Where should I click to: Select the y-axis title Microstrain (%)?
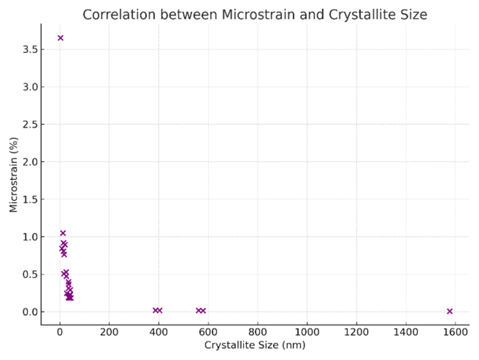tap(14, 175)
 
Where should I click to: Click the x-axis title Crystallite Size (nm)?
tap(254, 345)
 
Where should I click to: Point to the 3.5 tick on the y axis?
tap(27, 50)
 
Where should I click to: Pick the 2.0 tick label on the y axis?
tap(27, 162)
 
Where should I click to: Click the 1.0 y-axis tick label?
tap(27, 237)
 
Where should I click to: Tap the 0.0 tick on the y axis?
tap(27, 312)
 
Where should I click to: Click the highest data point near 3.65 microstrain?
tap(60, 38)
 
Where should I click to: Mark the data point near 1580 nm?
tap(450, 311)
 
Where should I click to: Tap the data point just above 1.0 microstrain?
tap(63, 233)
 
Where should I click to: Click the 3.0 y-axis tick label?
tap(27, 87)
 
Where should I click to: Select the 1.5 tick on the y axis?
tap(27, 200)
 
